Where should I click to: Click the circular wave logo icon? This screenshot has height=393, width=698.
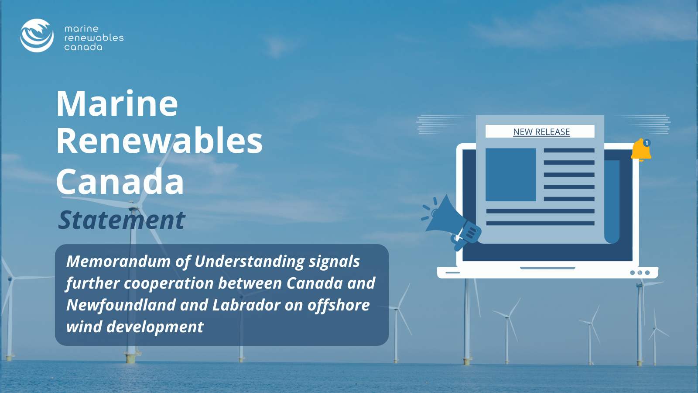(x=37, y=35)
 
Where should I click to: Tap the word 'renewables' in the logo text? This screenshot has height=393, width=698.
(x=94, y=38)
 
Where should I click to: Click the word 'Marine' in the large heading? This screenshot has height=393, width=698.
(x=117, y=103)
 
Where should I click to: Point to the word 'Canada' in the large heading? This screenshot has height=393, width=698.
(x=120, y=181)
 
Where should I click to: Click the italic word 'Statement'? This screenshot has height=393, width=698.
(x=122, y=220)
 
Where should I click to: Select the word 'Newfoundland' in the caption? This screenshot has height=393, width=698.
(x=121, y=305)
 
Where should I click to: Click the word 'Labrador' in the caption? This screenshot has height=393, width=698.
(x=246, y=305)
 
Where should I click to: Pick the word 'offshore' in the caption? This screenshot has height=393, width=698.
(x=339, y=305)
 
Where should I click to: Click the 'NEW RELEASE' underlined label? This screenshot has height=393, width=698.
(x=541, y=132)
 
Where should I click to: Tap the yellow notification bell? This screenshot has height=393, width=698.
(x=641, y=150)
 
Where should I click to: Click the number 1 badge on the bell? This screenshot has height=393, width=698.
(x=647, y=143)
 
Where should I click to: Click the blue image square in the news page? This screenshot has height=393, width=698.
(x=511, y=175)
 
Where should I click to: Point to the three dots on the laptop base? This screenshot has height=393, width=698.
(x=640, y=272)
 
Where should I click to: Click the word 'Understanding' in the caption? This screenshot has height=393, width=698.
(x=249, y=262)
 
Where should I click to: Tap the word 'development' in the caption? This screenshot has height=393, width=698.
(x=155, y=327)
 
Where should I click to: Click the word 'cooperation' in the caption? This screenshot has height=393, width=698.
(x=169, y=283)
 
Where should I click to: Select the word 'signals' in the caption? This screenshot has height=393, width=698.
(x=334, y=262)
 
